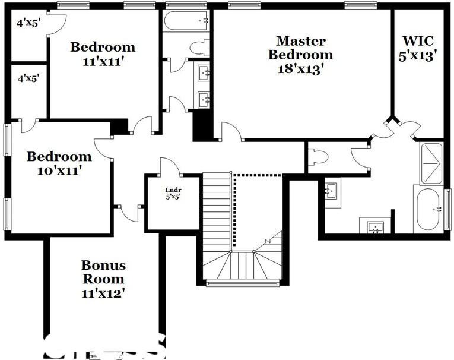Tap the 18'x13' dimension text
(300, 68)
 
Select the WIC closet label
(418, 42)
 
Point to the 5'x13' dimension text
(419, 56)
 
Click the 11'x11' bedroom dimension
(103, 61)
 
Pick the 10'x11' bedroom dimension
(59, 171)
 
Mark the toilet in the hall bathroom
(199, 48)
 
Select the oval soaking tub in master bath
(428, 209)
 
